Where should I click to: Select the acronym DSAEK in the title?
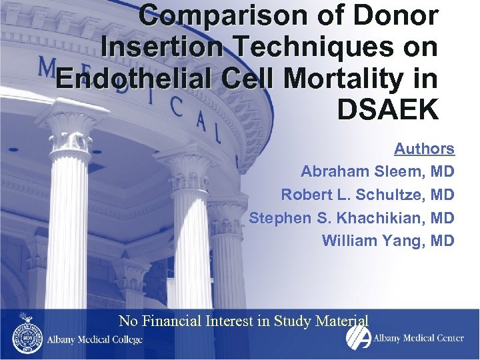point(389,109)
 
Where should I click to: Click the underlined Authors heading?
point(424,149)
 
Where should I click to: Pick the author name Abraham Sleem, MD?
point(377,171)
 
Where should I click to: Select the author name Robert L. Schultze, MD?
point(367,195)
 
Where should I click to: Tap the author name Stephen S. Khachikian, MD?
point(351,217)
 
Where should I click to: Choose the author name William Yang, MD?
point(388,240)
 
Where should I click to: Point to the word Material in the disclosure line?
point(341,321)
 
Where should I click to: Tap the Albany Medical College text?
point(94,339)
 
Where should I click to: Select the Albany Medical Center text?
point(418,338)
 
